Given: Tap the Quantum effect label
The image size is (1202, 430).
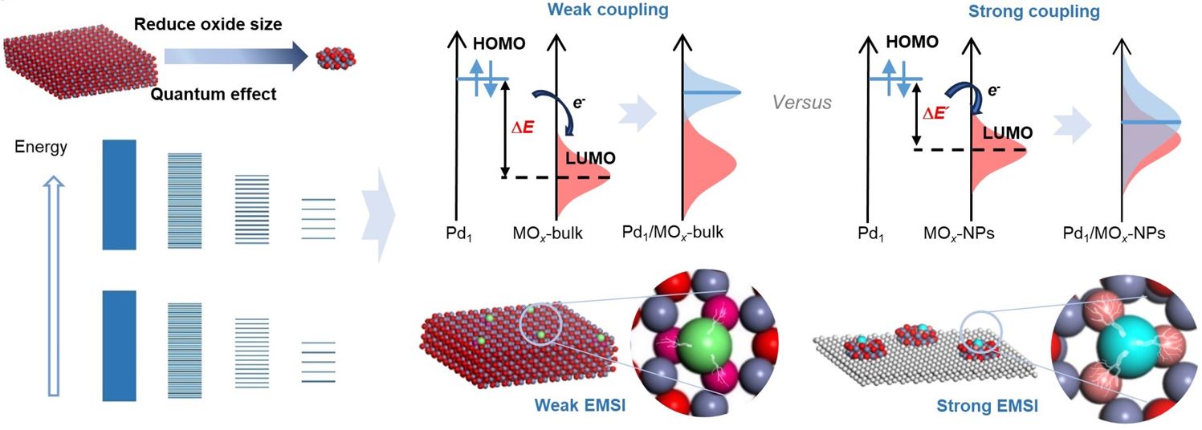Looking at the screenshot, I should [214, 95].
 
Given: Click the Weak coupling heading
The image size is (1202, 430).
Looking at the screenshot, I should [619, 10].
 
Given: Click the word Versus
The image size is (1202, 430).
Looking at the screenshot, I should [801, 103].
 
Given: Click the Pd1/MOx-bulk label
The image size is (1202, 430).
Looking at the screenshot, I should [673, 233].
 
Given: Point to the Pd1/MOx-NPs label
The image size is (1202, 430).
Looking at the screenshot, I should [1112, 233].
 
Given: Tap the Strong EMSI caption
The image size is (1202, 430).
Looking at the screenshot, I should [986, 407].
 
